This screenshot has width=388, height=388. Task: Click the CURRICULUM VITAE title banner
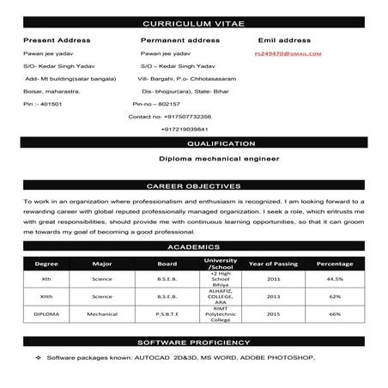click(195, 22)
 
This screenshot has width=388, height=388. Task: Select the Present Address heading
click(56, 40)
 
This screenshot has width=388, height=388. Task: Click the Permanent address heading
click(179, 40)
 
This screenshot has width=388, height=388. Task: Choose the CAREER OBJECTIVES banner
click(194, 185)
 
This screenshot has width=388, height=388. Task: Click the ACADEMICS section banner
click(194, 246)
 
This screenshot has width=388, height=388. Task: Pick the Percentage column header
click(335, 263)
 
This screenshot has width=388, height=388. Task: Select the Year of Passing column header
click(273, 263)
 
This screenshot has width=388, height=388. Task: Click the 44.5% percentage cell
click(335, 279)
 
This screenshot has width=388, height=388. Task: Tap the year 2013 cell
click(273, 296)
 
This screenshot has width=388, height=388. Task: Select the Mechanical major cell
click(102, 314)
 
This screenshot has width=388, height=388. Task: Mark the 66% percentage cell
click(335, 314)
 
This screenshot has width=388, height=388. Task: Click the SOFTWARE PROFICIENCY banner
click(194, 341)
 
